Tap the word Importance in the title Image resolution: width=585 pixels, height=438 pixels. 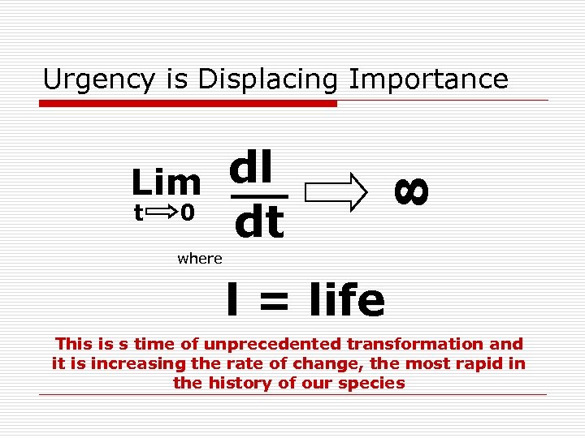pyautogui.click(x=428, y=79)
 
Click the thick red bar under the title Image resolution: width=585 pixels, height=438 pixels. pyautogui.click(x=188, y=104)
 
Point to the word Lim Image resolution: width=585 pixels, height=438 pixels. pyautogui.click(x=167, y=183)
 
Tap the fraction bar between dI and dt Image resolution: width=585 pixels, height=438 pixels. pyautogui.click(x=258, y=196)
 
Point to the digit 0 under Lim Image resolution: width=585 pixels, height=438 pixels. pyautogui.click(x=187, y=213)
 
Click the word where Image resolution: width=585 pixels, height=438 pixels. pyautogui.click(x=199, y=259)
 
